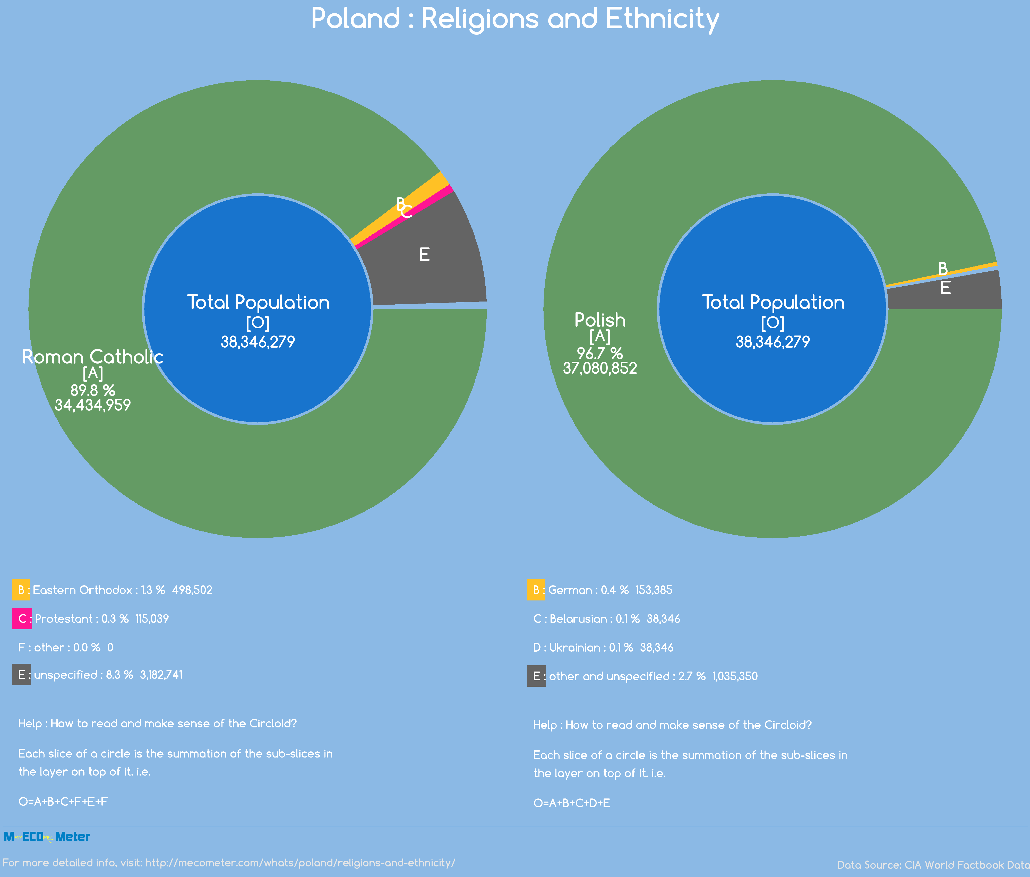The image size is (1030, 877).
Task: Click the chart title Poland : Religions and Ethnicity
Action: point(515,19)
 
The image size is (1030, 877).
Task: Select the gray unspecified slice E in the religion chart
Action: point(437,269)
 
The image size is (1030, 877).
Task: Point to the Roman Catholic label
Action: point(93,357)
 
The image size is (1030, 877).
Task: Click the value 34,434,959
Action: point(93,405)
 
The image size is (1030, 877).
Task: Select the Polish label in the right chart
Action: point(600,320)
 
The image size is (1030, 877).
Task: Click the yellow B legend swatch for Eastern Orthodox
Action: point(21,590)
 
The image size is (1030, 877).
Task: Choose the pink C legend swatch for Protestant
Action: point(22,618)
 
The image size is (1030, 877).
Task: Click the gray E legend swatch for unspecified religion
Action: point(21,675)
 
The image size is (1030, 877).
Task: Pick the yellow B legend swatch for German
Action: point(536,590)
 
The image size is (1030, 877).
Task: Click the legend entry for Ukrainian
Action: point(603,647)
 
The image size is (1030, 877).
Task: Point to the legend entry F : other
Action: point(66,647)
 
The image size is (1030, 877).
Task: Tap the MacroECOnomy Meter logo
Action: point(47,837)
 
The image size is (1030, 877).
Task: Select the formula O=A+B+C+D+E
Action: point(572,803)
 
